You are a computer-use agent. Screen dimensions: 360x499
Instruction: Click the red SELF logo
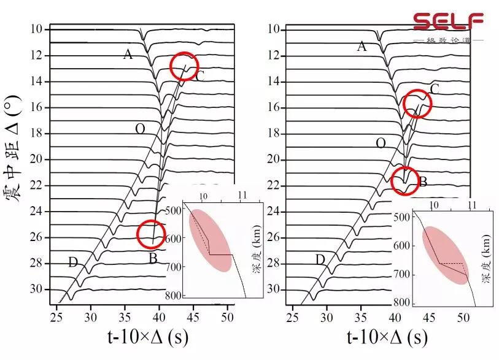(x=447, y=21)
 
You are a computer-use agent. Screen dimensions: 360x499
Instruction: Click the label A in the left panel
(x=128, y=55)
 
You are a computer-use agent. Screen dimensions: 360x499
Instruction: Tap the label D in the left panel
(x=73, y=262)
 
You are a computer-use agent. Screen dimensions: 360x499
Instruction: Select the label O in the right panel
(x=381, y=143)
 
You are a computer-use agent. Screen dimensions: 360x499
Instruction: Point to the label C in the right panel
(x=435, y=90)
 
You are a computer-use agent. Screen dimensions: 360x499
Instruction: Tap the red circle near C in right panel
(x=417, y=104)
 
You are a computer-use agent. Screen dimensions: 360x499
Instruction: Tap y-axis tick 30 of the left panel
(x=37, y=289)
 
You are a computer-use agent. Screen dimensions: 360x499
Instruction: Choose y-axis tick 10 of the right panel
(x=274, y=29)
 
